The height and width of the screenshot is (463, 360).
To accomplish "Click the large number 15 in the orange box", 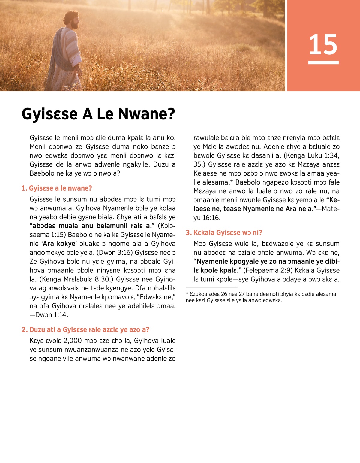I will coord(323,44).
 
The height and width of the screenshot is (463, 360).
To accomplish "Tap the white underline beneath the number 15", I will coord(323,62).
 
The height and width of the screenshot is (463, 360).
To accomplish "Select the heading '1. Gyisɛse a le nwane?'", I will coord(57,188).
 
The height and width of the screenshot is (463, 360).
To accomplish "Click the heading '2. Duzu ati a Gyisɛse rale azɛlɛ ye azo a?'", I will coord(85,329).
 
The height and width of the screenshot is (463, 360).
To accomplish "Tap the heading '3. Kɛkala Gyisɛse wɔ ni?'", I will coord(224,233).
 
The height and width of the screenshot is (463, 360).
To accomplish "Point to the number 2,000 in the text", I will coord(73,341).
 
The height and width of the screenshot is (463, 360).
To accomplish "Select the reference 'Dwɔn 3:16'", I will coord(114,253).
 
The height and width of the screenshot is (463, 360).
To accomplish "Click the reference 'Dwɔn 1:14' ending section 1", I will coord(52,315).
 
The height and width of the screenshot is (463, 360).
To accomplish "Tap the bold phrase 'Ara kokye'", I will coord(59,244).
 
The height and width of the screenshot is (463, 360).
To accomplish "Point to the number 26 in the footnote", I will coord(224,294).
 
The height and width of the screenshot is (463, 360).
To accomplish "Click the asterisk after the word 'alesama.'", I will coord(232,181).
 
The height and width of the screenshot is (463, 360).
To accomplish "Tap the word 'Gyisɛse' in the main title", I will coord(49,114).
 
